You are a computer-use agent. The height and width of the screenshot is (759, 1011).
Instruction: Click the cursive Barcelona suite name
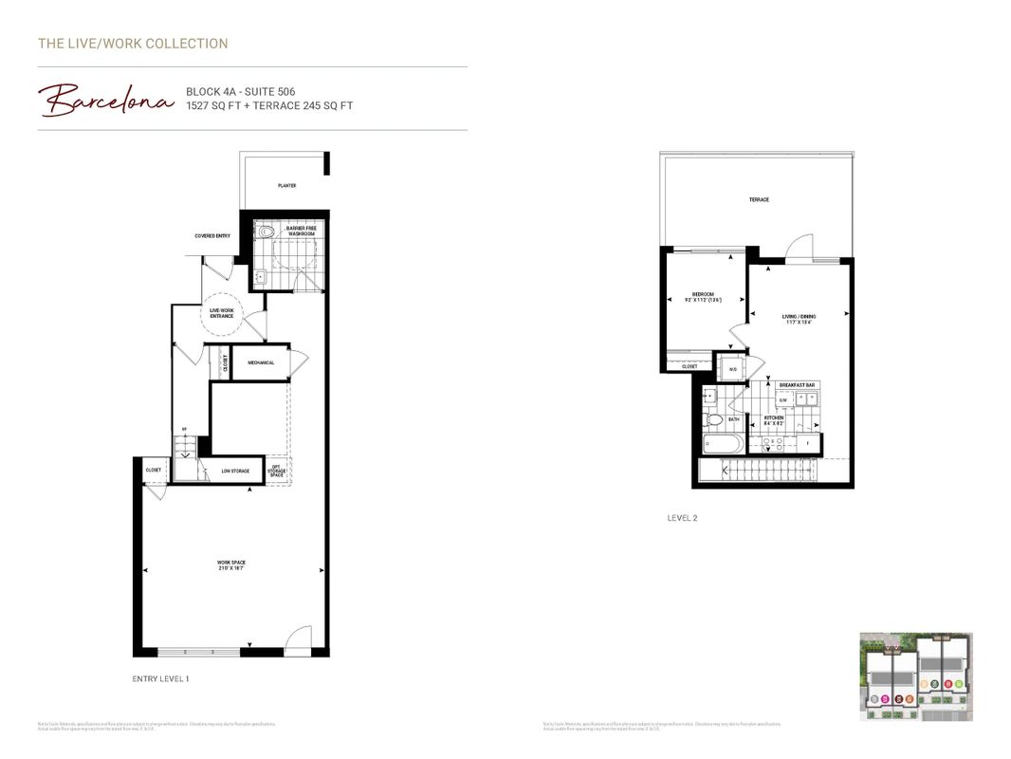coord(105,100)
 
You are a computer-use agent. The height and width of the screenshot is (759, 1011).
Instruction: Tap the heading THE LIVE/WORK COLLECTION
coord(133,44)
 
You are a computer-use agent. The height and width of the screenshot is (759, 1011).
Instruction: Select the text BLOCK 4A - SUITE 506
coord(240,92)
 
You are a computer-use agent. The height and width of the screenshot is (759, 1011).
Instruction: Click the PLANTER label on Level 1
coord(286,186)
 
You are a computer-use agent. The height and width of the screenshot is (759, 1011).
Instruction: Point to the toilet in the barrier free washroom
coord(267,231)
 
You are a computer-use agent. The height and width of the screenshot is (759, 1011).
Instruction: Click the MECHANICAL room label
coord(261,362)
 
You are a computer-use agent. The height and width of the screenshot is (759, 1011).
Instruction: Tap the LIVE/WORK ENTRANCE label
coord(222,314)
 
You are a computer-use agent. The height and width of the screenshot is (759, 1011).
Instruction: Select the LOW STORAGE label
coord(235,471)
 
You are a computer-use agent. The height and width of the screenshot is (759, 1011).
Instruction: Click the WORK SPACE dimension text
coord(230,566)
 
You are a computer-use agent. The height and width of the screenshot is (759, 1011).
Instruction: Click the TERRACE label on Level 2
coord(759,200)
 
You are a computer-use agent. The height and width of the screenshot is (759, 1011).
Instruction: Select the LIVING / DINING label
coord(799,320)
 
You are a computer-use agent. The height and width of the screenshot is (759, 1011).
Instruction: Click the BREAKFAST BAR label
coord(797,385)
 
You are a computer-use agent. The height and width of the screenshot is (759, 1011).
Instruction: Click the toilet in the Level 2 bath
coord(713,418)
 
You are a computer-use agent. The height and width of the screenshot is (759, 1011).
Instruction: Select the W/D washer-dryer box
coord(733,369)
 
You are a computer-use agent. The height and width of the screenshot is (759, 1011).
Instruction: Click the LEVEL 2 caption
coord(682,518)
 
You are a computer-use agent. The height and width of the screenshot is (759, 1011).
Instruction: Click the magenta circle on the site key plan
coord(885,699)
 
